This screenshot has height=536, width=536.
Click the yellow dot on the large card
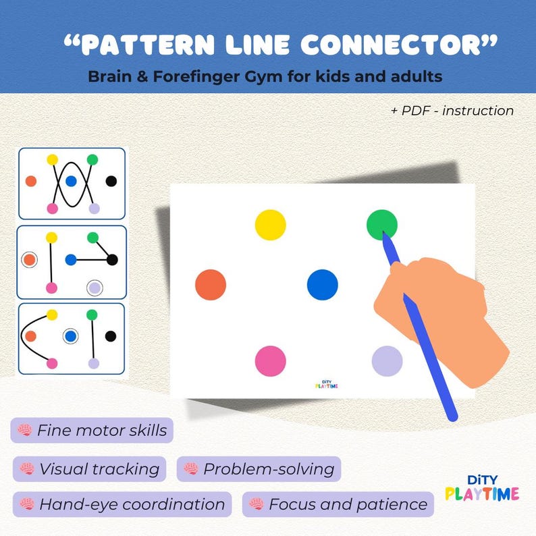(270, 225)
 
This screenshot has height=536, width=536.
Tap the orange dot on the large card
(211, 284)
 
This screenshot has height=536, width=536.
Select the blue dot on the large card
(322, 284)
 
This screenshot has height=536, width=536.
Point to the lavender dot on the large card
(387, 360)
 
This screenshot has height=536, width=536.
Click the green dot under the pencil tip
(381, 224)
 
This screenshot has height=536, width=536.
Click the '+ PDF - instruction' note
(452, 111)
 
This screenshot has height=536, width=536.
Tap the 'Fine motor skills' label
(92, 430)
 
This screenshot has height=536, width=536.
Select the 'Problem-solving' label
(259, 468)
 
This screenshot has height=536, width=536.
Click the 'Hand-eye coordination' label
(122, 504)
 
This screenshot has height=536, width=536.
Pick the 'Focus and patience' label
(338, 504)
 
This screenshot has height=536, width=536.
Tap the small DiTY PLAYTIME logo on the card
(327, 383)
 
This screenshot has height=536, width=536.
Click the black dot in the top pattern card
(111, 181)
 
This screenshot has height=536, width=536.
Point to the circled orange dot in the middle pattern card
(29, 259)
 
